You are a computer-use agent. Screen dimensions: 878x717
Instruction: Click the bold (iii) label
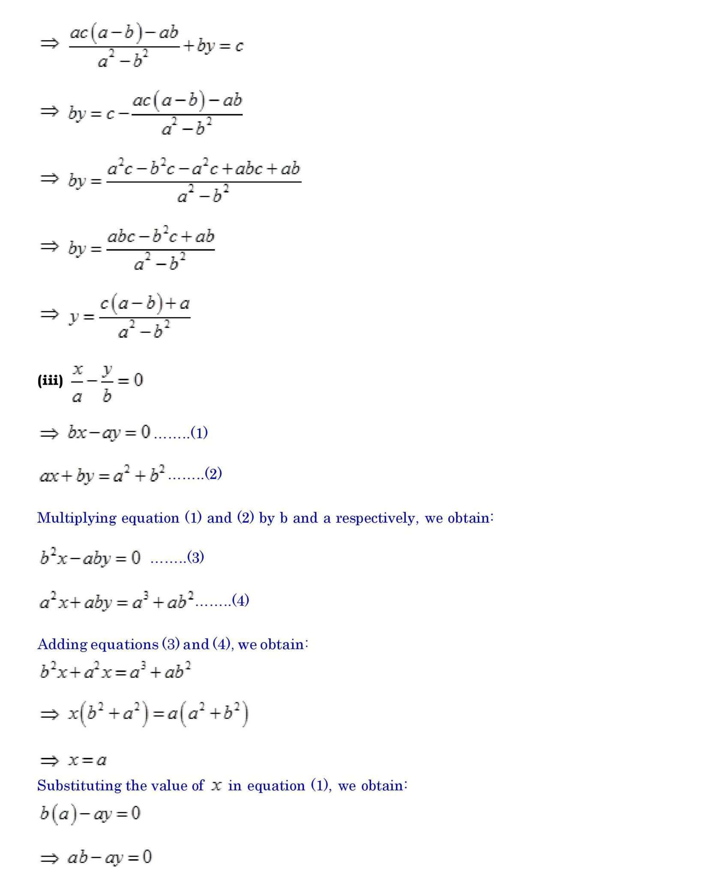[x=50, y=380]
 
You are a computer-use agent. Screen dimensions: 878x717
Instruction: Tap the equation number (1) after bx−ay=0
[x=199, y=433]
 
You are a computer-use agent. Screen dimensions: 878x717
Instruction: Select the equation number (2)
[x=213, y=474]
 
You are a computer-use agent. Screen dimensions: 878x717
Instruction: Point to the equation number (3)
[x=195, y=557]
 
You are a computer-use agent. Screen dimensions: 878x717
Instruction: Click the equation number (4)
[x=240, y=600]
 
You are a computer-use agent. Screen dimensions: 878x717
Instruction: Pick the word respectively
[x=375, y=518]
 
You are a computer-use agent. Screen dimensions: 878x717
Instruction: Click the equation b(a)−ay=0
[x=90, y=814]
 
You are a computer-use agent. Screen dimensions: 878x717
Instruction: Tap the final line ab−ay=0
[x=109, y=857]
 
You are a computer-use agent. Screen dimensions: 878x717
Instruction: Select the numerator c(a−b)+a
[x=144, y=304]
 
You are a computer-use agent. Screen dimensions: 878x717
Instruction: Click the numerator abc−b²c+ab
[x=160, y=236]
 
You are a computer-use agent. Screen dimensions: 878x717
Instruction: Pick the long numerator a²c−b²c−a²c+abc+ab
[x=204, y=168]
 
